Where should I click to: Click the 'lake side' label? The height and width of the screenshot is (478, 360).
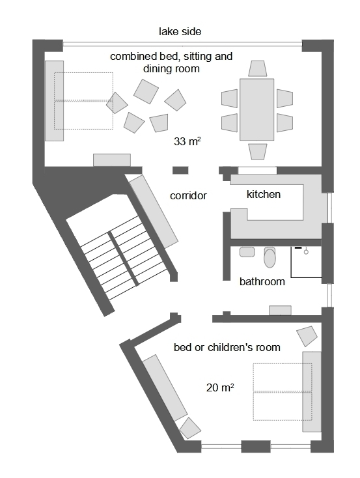coord(180,31)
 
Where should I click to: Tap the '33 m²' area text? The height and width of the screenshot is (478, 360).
coord(187,141)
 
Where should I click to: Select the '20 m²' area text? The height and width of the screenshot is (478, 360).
coord(220,387)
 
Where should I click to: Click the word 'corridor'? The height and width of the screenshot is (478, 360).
coord(188,195)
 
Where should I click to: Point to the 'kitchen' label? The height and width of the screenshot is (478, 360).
coord(264,194)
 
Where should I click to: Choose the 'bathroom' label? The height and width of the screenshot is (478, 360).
coord(262,282)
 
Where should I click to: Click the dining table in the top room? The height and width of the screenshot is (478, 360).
coord(257,109)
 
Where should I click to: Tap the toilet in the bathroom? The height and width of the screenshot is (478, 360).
coord(270,257)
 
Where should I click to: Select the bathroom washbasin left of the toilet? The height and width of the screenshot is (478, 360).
coord(247,251)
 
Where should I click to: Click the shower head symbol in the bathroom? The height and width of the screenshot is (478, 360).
coord(305,250)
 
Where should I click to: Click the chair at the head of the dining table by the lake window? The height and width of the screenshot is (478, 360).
coord(258,69)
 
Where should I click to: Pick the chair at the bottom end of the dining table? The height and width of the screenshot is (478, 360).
coord(258,151)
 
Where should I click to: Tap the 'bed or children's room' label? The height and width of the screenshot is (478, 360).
coord(227,347)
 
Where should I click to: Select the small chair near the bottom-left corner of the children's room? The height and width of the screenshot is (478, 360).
coord(190,428)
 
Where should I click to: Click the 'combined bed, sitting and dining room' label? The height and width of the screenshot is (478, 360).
coord(171,63)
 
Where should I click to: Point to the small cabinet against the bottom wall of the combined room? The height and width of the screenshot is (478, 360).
coord(111,160)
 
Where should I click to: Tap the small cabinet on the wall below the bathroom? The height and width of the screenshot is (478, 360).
coord(280,311)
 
